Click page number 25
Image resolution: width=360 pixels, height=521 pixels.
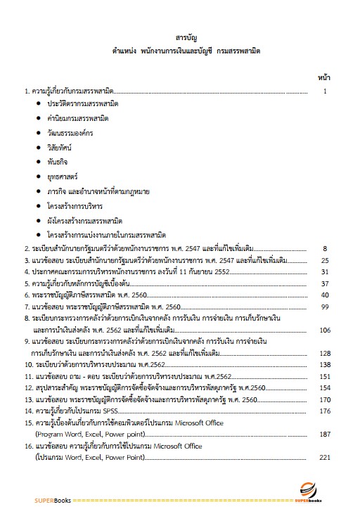[325, 260]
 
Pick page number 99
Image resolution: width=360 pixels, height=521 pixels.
[325, 307]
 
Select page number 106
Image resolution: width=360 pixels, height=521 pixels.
[324, 329]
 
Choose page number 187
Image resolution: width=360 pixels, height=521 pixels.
[324, 434]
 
